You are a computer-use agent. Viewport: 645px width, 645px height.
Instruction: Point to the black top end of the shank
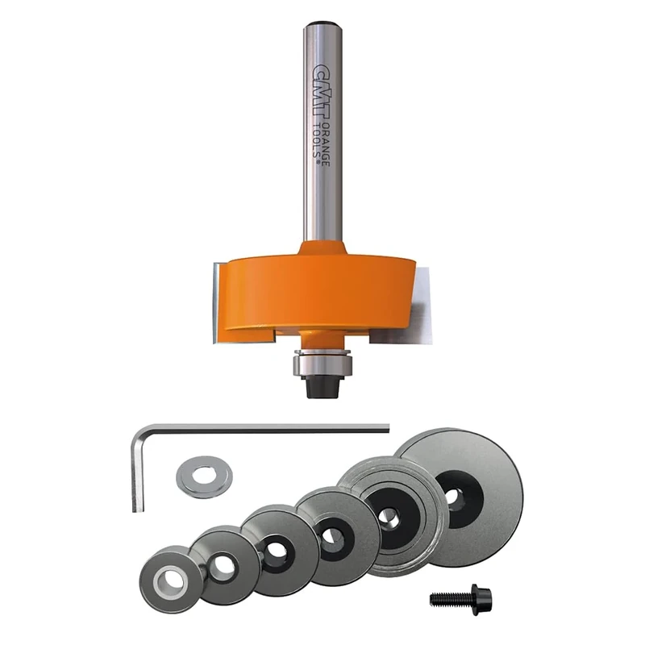pos(322,26)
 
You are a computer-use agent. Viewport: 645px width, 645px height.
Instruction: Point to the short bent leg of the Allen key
pos(136,472)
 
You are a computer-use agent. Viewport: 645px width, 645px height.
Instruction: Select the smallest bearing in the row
pos(169,578)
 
